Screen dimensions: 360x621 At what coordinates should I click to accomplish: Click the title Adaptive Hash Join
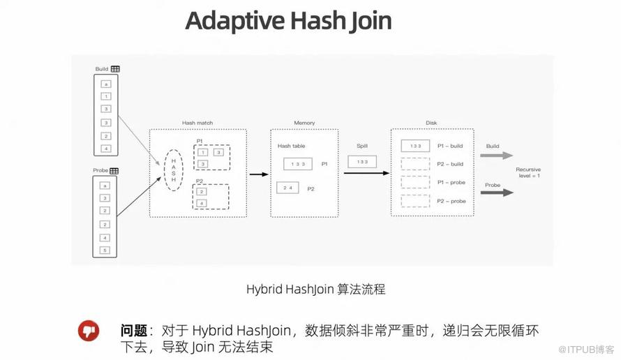click(288, 21)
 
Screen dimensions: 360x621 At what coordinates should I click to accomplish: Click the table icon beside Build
click(115, 68)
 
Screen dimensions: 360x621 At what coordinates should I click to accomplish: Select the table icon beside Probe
click(114, 170)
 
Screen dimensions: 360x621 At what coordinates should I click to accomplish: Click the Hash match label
click(197, 123)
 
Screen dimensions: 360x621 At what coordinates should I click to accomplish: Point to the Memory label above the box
click(304, 123)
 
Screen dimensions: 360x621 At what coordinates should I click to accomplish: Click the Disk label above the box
click(431, 123)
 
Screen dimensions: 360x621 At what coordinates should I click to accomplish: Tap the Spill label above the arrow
click(361, 146)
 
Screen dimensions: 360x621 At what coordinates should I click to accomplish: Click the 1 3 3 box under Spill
click(361, 161)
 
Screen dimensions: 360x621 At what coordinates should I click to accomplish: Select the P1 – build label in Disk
click(450, 146)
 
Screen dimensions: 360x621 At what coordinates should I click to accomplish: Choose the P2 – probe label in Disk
click(451, 201)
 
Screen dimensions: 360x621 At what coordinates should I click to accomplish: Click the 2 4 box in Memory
click(288, 188)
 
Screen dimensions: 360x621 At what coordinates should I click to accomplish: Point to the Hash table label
click(292, 146)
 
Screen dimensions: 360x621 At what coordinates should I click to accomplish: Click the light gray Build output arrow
click(497, 156)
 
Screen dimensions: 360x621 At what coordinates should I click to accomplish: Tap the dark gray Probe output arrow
click(497, 193)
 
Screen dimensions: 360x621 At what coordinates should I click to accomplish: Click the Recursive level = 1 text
click(528, 172)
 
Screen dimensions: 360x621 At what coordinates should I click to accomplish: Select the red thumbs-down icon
click(89, 331)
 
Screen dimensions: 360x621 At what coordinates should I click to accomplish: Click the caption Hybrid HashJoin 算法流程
click(315, 289)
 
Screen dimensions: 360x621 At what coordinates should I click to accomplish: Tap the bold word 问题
click(135, 330)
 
